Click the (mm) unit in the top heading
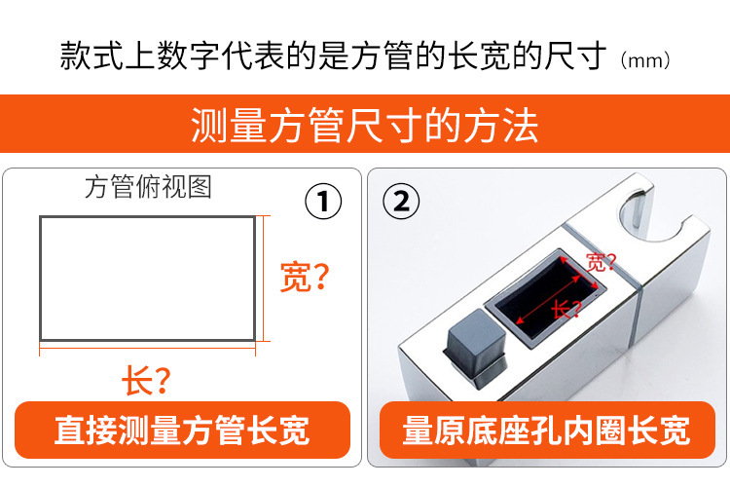click(x=645, y=60)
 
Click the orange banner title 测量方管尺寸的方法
click(x=365, y=127)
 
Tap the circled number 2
click(x=401, y=204)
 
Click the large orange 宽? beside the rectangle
click(x=304, y=278)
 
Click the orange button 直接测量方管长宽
click(x=182, y=430)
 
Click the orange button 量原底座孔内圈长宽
click(x=546, y=430)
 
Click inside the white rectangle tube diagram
click(x=147, y=278)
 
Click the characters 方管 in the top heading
click(x=410, y=56)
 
